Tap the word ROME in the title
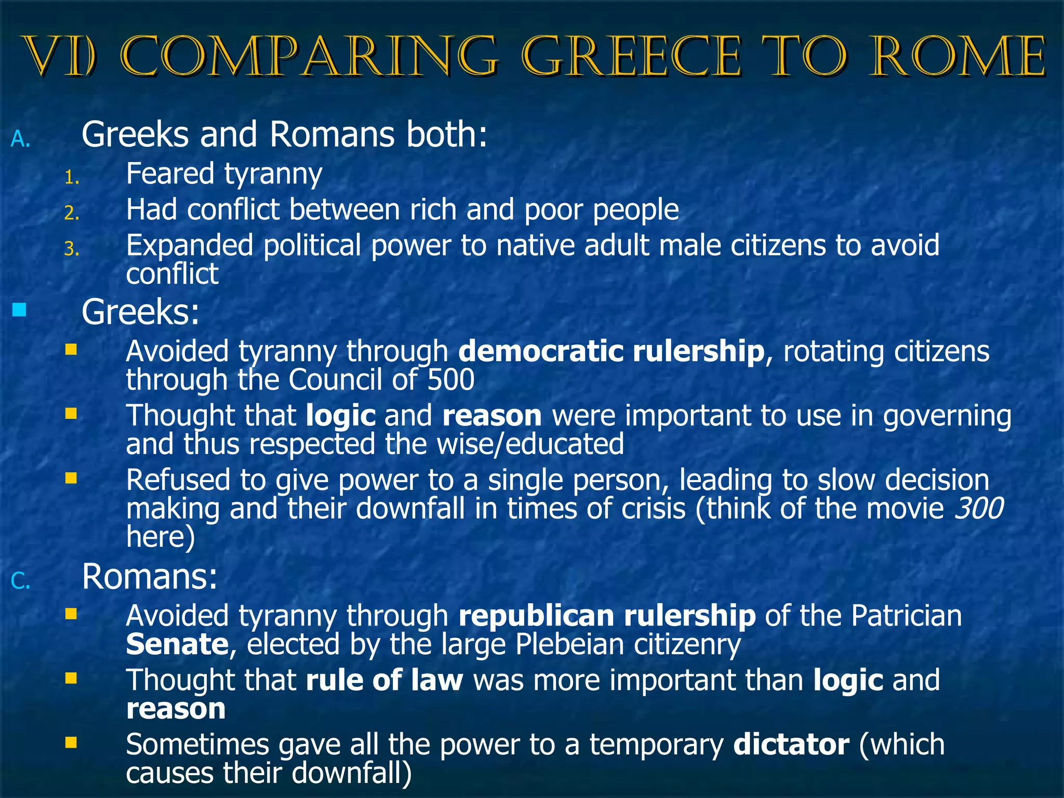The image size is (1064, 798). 957,57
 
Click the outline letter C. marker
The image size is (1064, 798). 21,581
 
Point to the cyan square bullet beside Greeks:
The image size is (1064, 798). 19,310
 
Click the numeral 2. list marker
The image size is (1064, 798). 72,213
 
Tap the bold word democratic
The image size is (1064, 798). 540,351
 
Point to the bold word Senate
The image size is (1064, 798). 177,644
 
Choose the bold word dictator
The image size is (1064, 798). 791,744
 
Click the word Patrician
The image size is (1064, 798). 906,616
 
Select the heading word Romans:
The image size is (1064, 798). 150,577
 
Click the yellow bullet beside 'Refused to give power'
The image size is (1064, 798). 71,478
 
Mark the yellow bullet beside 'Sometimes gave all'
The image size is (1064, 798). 71,742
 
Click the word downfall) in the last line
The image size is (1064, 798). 352,773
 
